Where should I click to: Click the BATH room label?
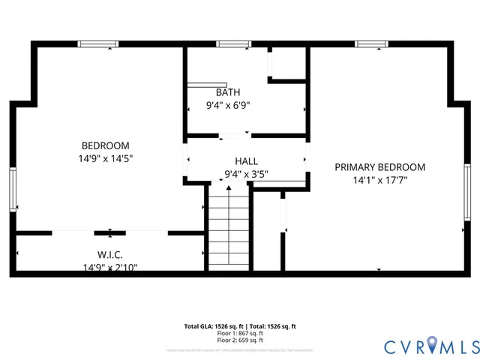coord(228,92)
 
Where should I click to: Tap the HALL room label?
coord(246,161)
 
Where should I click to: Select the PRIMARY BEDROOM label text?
coord(379,167)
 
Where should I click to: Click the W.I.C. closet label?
coord(109,254)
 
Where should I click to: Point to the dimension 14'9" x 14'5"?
coord(105,158)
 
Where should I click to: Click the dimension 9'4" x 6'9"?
coord(228,106)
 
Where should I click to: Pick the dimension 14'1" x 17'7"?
coord(379,180)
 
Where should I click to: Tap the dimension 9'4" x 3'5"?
coord(246,174)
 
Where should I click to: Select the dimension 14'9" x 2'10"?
coord(109,267)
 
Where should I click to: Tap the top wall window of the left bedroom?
coord(99,44)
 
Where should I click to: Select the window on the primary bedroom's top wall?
coord(371,44)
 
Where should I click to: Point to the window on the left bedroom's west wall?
coord(13,188)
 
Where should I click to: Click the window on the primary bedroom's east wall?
coord(466,188)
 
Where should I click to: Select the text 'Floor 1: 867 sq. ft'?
coord(240,333)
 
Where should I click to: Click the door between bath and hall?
coord(234,136)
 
